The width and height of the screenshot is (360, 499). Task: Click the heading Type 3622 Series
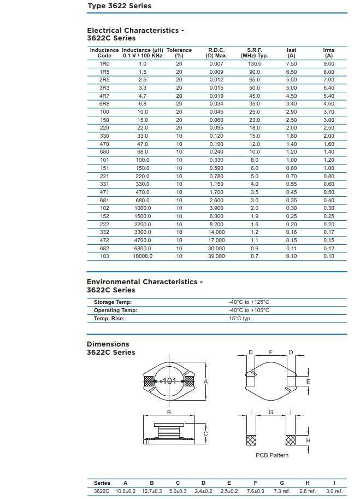pyautogui.click(x=119, y=6)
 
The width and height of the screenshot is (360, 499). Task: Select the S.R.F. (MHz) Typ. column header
pyautogui.click(x=255, y=53)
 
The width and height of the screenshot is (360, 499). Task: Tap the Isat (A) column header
pyautogui.click(x=291, y=53)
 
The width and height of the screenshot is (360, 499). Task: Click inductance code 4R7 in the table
pyautogui.click(x=104, y=96)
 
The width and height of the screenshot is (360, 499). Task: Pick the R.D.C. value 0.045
pyautogui.click(x=216, y=111)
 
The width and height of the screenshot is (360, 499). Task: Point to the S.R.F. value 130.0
pyautogui.click(x=255, y=64)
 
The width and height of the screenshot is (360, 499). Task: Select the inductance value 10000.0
pyautogui.click(x=143, y=256)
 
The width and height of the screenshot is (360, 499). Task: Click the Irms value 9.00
pyautogui.click(x=328, y=64)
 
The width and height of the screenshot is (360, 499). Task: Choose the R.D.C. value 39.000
pyautogui.click(x=216, y=256)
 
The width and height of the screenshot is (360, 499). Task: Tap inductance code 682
pyautogui.click(x=104, y=248)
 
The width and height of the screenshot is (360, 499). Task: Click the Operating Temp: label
pyautogui.click(x=115, y=310)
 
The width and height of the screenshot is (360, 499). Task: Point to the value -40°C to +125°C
pyautogui.click(x=249, y=302)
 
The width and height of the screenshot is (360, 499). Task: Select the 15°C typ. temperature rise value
pyautogui.click(x=240, y=319)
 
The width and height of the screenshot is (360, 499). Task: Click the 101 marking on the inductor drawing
pyautogui.click(x=169, y=381)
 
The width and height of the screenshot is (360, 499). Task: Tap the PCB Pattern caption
pyautogui.click(x=272, y=455)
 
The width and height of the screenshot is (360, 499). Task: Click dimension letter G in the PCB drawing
pyautogui.click(x=271, y=413)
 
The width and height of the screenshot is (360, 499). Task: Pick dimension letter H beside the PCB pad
pyautogui.click(x=308, y=441)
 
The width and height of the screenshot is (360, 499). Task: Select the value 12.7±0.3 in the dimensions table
pyautogui.click(x=152, y=491)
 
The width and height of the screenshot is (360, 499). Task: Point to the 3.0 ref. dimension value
pyautogui.click(x=334, y=491)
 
